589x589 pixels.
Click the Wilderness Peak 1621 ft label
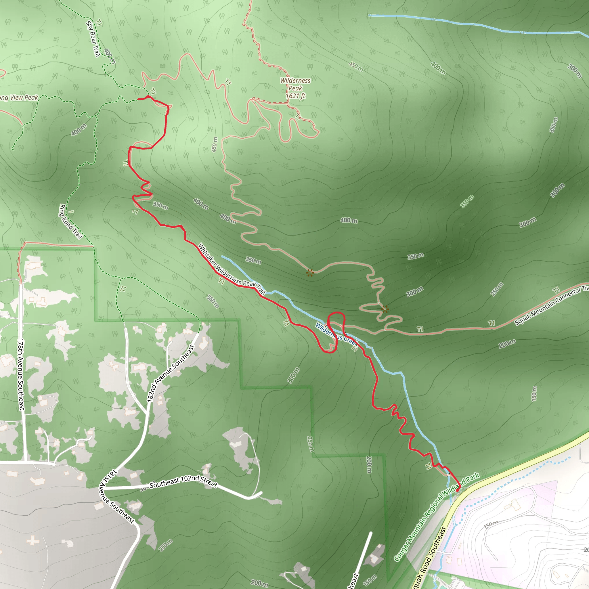(x=295, y=88)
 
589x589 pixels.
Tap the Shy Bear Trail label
(x=93, y=39)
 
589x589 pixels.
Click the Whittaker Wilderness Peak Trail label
(x=232, y=269)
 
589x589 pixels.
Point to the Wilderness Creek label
(x=336, y=334)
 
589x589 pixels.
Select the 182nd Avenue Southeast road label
(x=171, y=373)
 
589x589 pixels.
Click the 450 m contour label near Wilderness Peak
(x=356, y=66)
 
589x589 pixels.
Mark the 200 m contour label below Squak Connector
(x=507, y=344)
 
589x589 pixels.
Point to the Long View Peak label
(x=19, y=98)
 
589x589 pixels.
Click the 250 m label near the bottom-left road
(x=166, y=545)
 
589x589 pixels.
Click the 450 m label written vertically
(x=215, y=144)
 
